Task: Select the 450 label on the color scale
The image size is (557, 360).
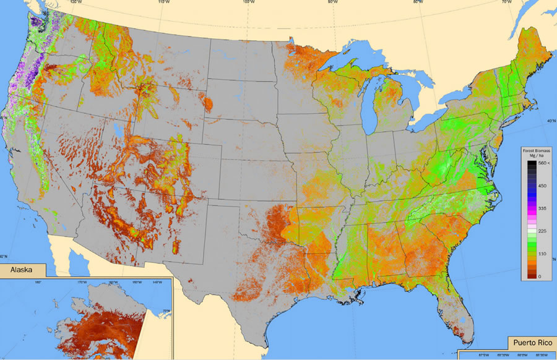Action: (543, 185)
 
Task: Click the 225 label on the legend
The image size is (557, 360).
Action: (543, 231)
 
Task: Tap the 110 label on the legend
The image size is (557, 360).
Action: (543, 254)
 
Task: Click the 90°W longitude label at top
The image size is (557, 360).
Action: (333, 2)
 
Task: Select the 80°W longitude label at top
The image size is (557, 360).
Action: (418, 2)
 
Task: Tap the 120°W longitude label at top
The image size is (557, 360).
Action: (77, 2)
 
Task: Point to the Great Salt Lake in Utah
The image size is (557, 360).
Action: (117, 132)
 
